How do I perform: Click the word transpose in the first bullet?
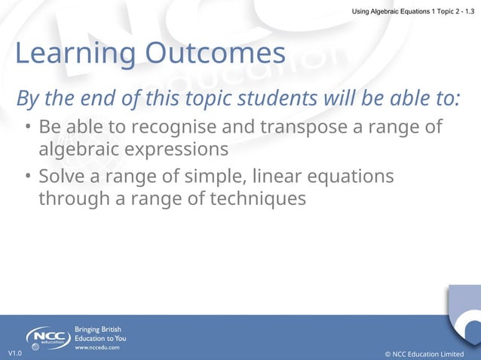[x=300, y=126]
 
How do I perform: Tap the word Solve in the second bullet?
[x=63, y=175]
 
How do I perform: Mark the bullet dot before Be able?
[x=26, y=127]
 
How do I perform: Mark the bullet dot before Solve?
[x=26, y=176]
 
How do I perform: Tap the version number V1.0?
[x=15, y=353]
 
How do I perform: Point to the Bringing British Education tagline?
[x=100, y=334]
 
